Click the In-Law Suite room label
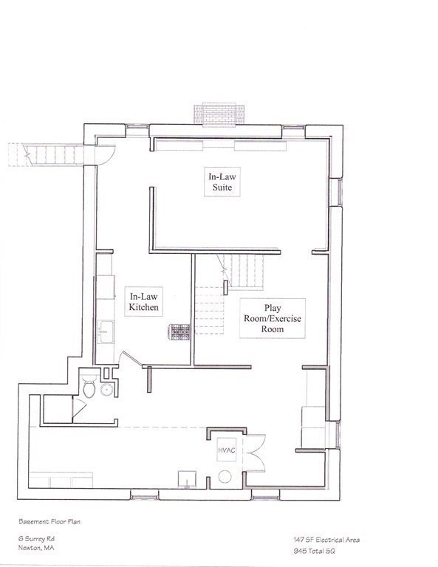click(222, 182)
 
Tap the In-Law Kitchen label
click(143, 302)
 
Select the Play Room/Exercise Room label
click(273, 318)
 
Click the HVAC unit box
click(227, 450)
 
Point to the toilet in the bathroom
click(89, 387)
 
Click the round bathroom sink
click(106, 390)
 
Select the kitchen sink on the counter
click(106, 331)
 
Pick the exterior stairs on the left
click(47, 155)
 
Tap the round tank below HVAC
click(225, 476)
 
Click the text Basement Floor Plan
click(49, 521)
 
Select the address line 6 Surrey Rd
click(36, 539)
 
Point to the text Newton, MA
click(36, 548)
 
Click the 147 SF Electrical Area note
click(326, 540)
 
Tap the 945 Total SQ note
click(315, 551)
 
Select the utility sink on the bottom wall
click(187, 479)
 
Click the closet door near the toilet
click(78, 407)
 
